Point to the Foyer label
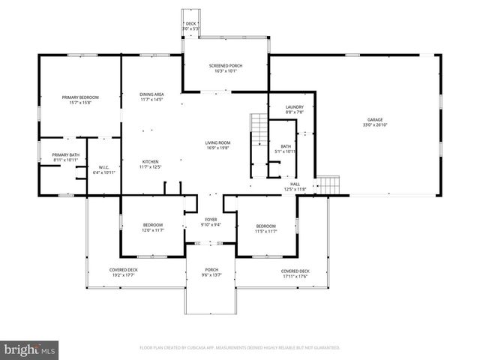pos(211,220)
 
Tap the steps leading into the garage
pos(328,184)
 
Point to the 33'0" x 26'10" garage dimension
pos(375,126)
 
